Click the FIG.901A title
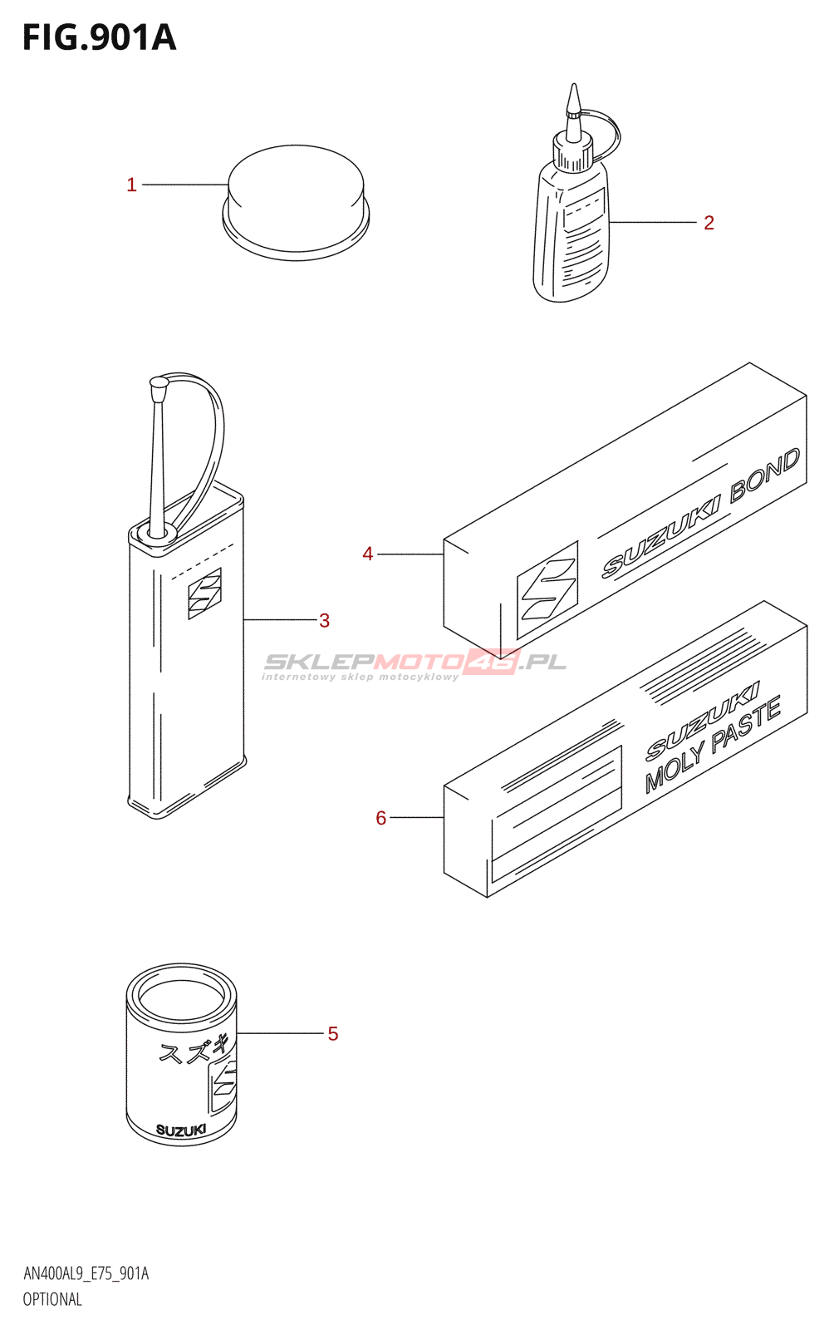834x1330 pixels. tap(100, 37)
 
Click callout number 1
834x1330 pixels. tap(131, 185)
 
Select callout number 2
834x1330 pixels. tap(709, 223)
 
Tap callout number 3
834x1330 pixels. tap(324, 620)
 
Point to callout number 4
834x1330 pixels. tap(368, 554)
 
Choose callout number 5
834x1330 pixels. tap(332, 1033)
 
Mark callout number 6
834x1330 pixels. tap(381, 818)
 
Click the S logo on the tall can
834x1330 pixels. tap(204, 594)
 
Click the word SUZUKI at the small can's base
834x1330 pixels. tap(181, 1130)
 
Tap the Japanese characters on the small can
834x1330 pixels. tap(193, 1049)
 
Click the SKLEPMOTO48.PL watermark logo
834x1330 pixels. tap(414, 662)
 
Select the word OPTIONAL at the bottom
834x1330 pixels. tap(52, 1299)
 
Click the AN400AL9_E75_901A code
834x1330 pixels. tap(86, 1273)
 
